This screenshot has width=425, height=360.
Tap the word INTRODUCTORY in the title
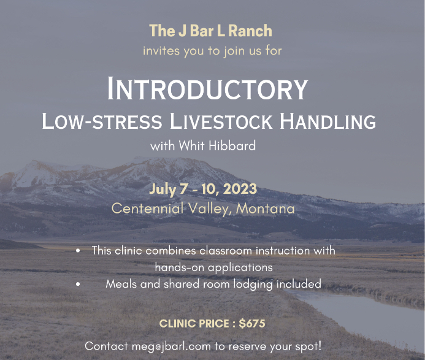[207, 89]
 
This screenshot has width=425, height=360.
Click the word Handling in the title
[328, 121]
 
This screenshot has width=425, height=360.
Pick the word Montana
[266, 209]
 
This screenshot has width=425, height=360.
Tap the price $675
[252, 323]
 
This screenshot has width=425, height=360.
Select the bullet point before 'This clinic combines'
[78, 251]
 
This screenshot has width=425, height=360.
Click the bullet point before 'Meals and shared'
[78, 284]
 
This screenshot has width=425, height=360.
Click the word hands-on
[178, 267]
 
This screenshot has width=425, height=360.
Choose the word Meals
[120, 284]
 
